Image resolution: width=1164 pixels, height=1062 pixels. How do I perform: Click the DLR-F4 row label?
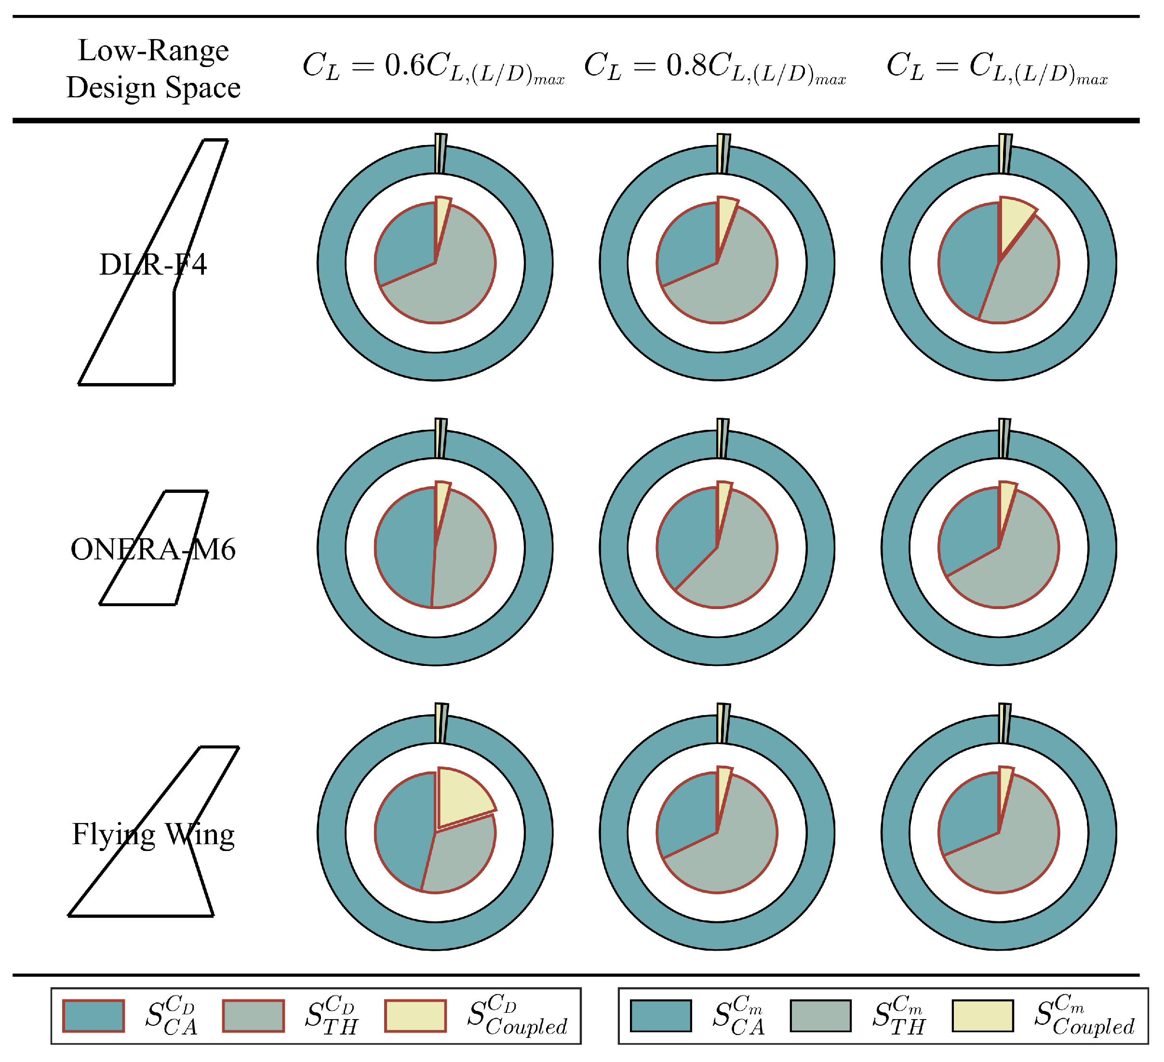pos(153,265)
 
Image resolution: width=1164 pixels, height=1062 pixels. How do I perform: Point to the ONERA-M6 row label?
pos(153,549)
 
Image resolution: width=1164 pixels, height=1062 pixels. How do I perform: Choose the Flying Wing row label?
pos(153,835)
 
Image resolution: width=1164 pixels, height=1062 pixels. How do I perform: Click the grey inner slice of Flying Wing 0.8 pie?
pos(733,854)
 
